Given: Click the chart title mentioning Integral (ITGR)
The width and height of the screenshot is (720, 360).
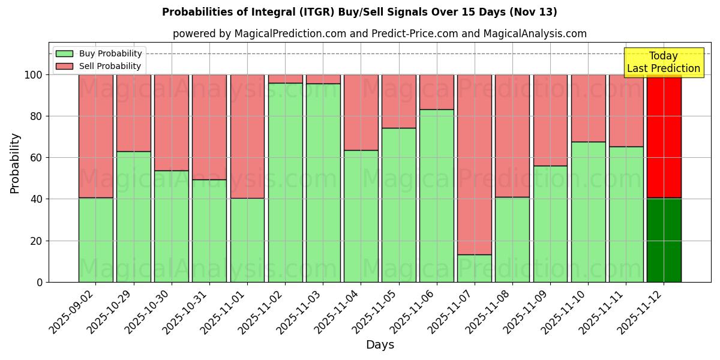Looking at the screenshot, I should (x=359, y=12).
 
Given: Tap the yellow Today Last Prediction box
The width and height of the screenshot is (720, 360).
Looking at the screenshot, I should (x=663, y=62).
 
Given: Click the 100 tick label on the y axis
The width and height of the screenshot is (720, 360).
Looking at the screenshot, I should (x=33, y=75).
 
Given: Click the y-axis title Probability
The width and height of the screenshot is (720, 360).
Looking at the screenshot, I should (x=15, y=163).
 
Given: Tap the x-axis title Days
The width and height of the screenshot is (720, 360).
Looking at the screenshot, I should (x=380, y=345).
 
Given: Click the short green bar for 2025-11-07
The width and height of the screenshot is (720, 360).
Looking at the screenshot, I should (x=475, y=268).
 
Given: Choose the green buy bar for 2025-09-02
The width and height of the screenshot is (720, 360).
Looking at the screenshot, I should (x=96, y=240).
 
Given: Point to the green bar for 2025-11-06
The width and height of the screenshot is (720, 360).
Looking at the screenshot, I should (x=437, y=196).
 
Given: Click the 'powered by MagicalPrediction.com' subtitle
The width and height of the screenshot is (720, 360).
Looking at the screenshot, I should (x=379, y=34).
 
